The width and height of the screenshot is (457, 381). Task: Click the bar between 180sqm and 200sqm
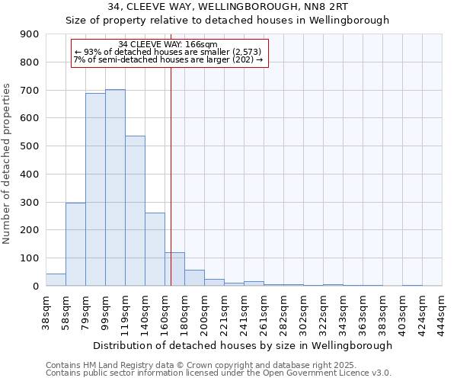click(x=194, y=278)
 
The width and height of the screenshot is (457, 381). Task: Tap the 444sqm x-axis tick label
click(x=442, y=312)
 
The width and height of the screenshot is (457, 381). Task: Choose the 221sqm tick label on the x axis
click(x=224, y=312)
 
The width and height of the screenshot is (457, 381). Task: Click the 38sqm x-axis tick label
click(x=46, y=312)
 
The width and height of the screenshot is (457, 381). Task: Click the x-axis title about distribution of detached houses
click(x=244, y=345)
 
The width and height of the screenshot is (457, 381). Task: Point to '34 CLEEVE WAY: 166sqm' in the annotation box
click(x=168, y=44)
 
